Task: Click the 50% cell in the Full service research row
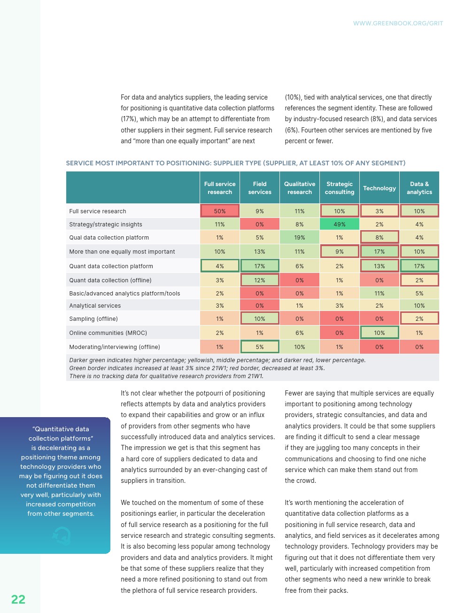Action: pos(220,211)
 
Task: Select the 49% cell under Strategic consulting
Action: pos(340,224)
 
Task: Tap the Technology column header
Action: pos(380,188)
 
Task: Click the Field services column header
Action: pos(260,188)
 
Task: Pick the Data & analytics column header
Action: pos(419,188)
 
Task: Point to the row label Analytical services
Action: pos(95,306)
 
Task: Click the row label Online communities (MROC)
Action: pos(108,333)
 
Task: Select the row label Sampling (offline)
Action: pos(93,319)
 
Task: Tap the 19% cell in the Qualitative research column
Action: pos(300,238)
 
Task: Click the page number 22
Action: pos(18,599)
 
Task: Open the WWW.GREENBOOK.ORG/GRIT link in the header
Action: pos(398,23)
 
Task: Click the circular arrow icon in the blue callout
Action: pos(62,535)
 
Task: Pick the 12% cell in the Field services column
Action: pos(260,280)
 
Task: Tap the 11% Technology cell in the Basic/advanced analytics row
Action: pos(380,294)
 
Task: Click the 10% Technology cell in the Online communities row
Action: pos(380,333)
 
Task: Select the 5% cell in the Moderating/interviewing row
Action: pos(260,347)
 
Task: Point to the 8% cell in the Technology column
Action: pos(380,238)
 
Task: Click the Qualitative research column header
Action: pos(300,188)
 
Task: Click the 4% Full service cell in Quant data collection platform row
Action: pos(220,266)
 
